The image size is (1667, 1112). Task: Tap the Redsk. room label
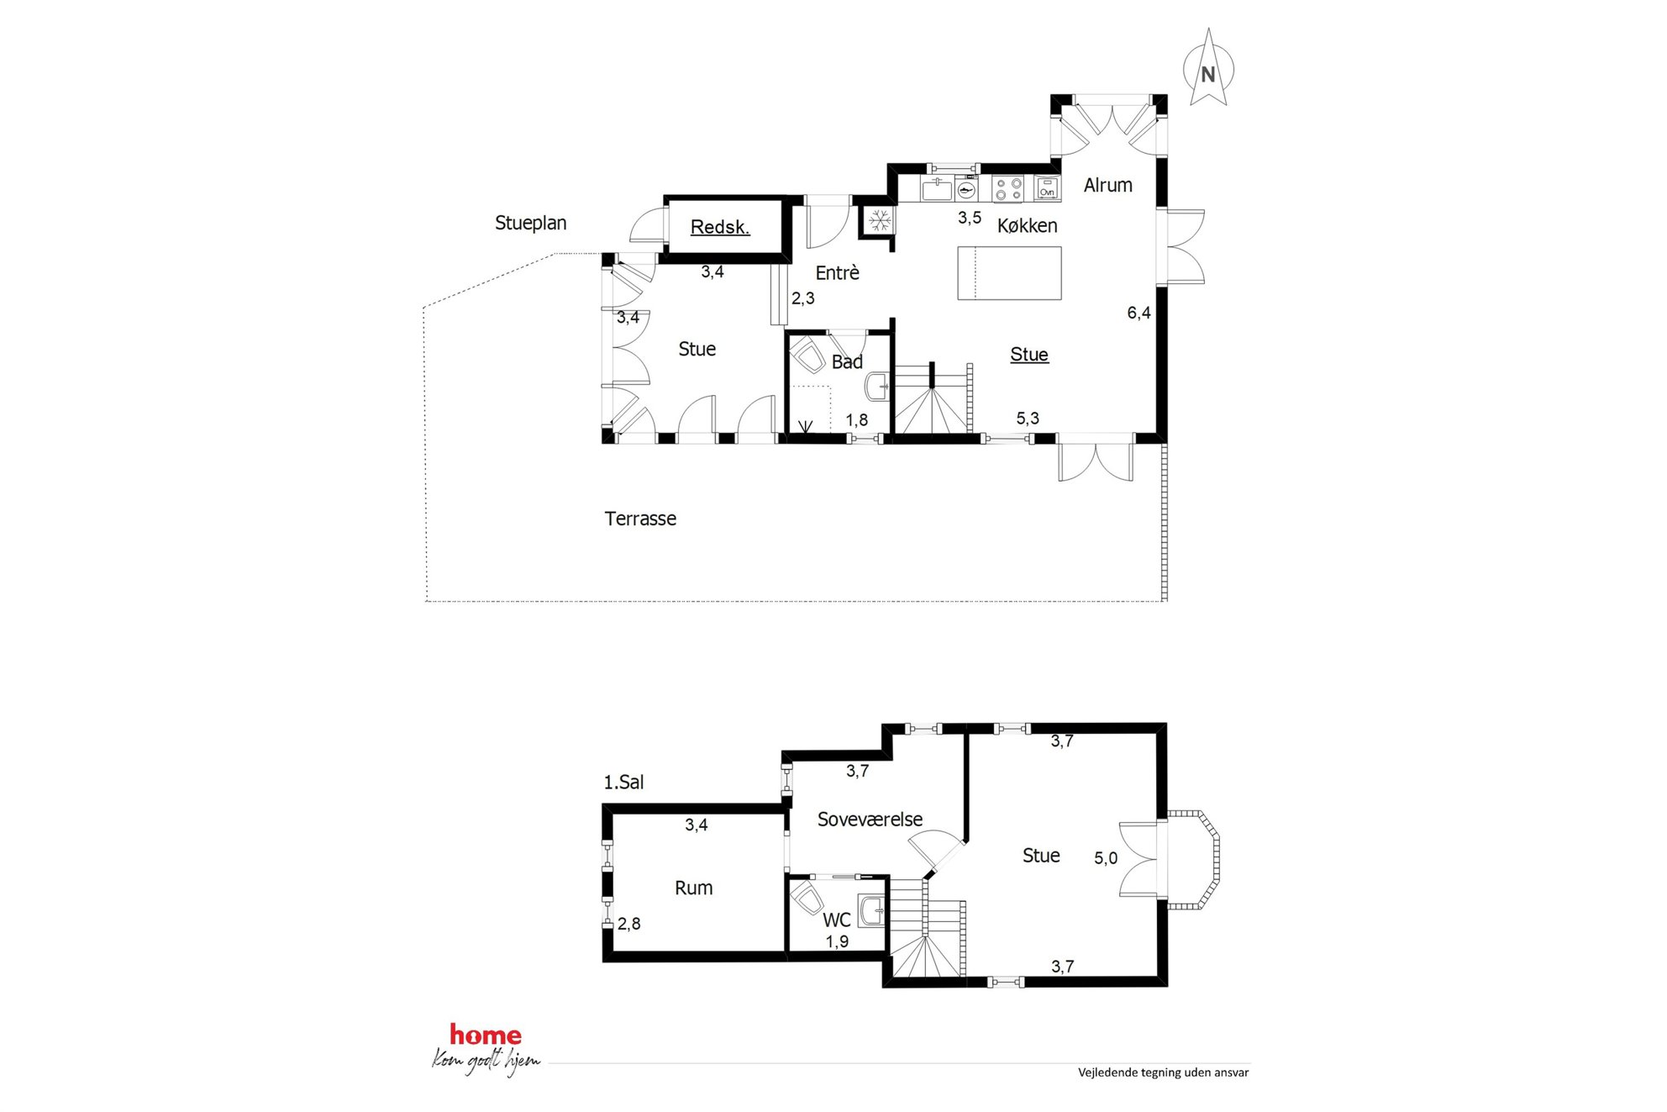(x=720, y=227)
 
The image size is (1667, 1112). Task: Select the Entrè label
(x=837, y=272)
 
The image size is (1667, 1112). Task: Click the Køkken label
(x=1027, y=225)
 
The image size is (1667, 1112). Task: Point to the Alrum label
(x=1107, y=185)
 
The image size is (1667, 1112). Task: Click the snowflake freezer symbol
(x=880, y=221)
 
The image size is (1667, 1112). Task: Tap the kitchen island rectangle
(x=1009, y=273)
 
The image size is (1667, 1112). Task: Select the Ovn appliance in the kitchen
(x=1047, y=188)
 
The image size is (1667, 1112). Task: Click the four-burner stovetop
(x=1007, y=188)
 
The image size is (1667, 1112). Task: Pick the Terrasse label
(x=640, y=519)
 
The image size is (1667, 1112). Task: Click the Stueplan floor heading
(x=530, y=224)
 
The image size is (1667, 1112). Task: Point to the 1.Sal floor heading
(x=623, y=783)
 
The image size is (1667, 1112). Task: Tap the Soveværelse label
(x=870, y=820)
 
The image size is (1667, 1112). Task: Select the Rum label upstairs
(x=693, y=888)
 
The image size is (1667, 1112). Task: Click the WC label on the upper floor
(x=837, y=920)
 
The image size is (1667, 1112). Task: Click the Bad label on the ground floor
(x=847, y=362)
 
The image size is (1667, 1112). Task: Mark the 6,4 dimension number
(x=1139, y=314)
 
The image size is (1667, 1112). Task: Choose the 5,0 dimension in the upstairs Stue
(x=1106, y=858)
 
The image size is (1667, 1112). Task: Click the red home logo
(x=486, y=1035)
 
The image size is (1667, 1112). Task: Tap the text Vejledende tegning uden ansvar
(x=1164, y=1072)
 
